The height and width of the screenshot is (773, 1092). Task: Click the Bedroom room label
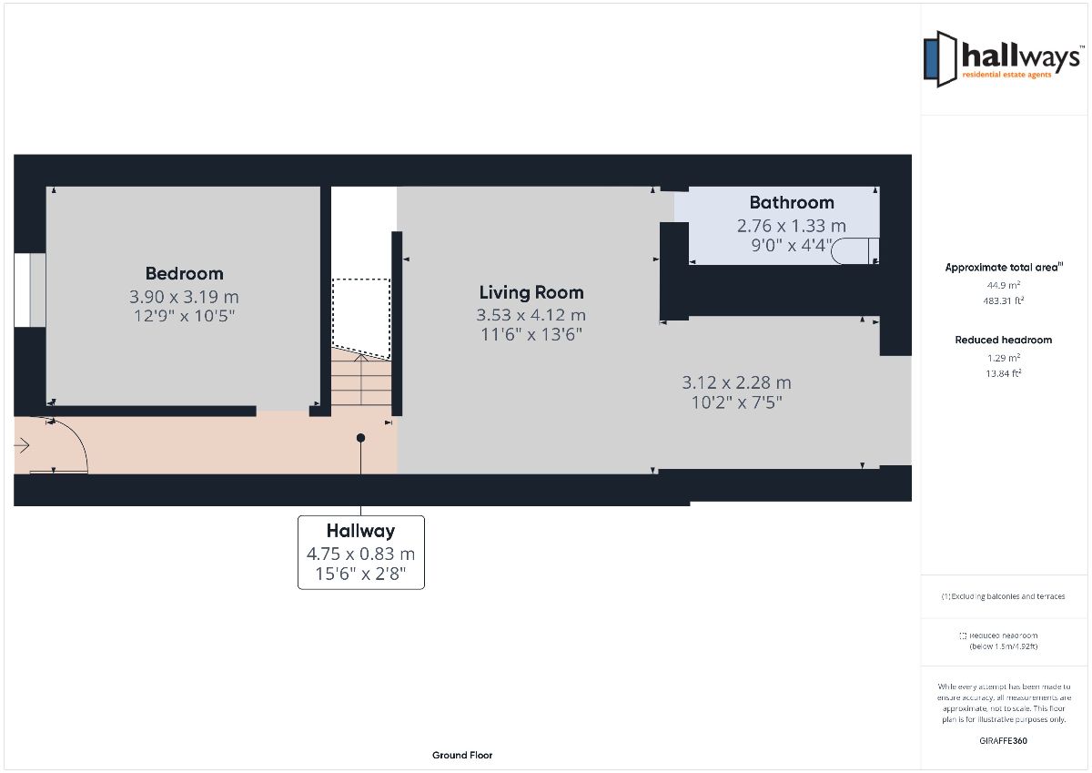point(184,273)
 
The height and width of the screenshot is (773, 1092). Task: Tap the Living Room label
point(531,292)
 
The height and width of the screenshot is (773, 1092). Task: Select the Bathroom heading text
point(792,202)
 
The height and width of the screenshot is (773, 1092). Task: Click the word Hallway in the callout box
point(360,531)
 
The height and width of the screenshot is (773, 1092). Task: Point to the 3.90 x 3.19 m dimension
point(184,297)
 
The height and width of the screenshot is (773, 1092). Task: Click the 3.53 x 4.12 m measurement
point(531,315)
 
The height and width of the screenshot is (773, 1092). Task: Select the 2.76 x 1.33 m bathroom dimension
point(791,226)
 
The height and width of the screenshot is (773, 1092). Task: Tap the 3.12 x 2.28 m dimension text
point(736,382)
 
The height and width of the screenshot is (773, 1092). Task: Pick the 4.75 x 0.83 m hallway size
point(360,554)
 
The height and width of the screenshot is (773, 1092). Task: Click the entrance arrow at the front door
point(22,445)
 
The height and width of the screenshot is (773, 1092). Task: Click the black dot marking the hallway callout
point(360,438)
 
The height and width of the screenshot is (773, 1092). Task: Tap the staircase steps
point(361,380)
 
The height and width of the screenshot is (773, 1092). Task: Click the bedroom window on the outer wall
point(30,290)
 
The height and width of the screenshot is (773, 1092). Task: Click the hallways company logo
point(1002,59)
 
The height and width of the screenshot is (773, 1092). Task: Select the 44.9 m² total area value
point(1003,285)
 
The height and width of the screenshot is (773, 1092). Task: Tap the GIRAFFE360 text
point(1003,741)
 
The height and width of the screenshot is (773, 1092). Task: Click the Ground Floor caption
point(462,755)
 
